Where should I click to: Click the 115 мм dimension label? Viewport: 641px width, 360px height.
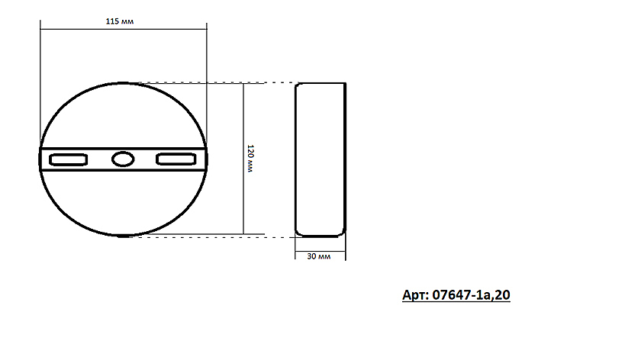(x=122, y=22)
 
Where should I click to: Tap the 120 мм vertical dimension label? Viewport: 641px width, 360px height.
(x=250, y=159)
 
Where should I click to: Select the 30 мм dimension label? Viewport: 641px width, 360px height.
(x=318, y=257)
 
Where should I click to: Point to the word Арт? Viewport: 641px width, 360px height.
(x=415, y=294)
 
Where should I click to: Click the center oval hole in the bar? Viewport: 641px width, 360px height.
(x=122, y=159)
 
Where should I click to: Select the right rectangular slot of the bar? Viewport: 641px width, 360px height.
(x=176, y=159)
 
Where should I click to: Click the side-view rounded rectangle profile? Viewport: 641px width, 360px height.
(x=320, y=159)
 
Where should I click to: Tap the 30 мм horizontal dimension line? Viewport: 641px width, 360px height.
(x=320, y=247)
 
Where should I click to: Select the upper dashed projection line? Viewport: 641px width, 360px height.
(x=214, y=82)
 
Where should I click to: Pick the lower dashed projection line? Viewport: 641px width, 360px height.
(x=214, y=236)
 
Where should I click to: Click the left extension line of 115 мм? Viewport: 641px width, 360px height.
(x=40, y=84)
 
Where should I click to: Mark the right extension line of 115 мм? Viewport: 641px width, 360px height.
(x=206, y=84)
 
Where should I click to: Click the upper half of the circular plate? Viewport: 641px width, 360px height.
(x=122, y=114)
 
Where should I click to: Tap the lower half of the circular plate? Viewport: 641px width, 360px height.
(x=122, y=202)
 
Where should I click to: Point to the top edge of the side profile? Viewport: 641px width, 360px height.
(x=320, y=82)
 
